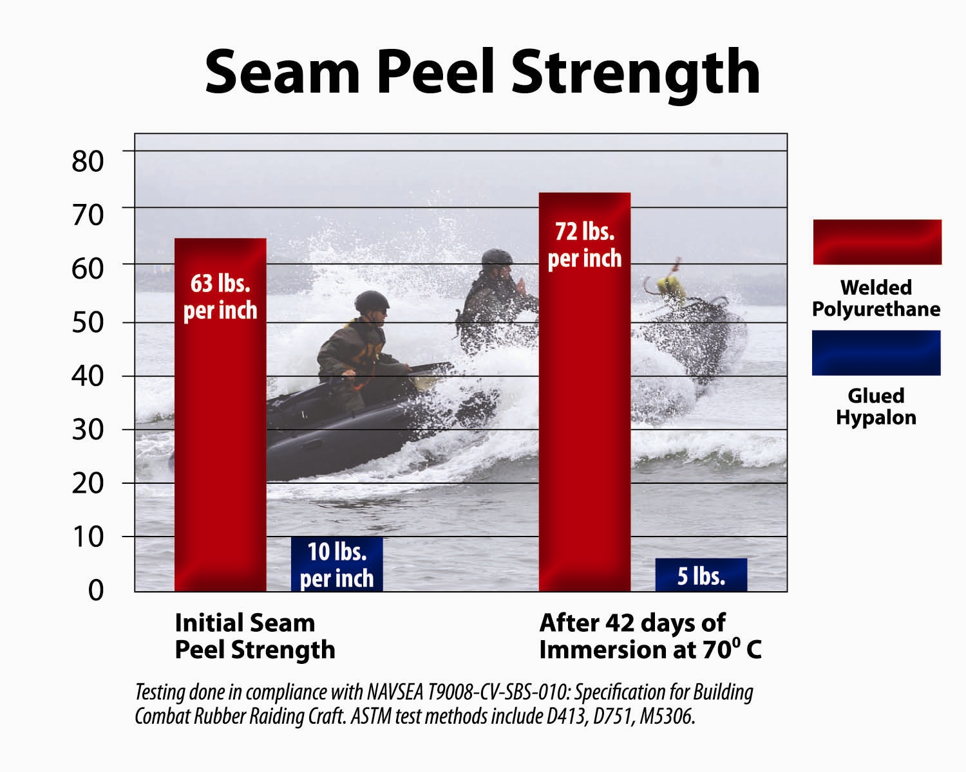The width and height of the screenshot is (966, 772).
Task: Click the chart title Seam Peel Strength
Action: point(482,73)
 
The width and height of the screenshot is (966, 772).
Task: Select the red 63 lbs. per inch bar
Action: point(220,415)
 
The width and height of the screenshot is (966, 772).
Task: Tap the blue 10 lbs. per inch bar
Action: point(337,564)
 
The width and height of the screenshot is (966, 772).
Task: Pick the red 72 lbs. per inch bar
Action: point(585,392)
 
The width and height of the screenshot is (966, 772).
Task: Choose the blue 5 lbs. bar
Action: point(701,575)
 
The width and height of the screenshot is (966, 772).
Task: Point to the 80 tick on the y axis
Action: point(88,161)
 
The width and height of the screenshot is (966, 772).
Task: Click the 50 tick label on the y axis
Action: point(88,322)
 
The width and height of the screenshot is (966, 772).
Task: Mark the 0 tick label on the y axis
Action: point(95,591)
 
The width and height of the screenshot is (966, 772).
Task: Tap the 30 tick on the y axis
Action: point(88,430)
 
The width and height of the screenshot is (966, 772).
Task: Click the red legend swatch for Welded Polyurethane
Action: point(877,242)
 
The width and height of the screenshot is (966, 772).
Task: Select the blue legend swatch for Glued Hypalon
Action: point(876,353)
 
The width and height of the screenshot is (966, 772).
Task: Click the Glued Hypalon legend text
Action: point(876,407)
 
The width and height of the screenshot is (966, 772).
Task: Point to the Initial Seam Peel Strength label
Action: point(255,636)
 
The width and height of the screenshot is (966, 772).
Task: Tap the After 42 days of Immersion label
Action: point(650,636)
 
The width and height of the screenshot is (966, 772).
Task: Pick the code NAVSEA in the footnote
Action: point(395,692)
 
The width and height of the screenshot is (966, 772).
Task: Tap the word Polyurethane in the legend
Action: point(876,309)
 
